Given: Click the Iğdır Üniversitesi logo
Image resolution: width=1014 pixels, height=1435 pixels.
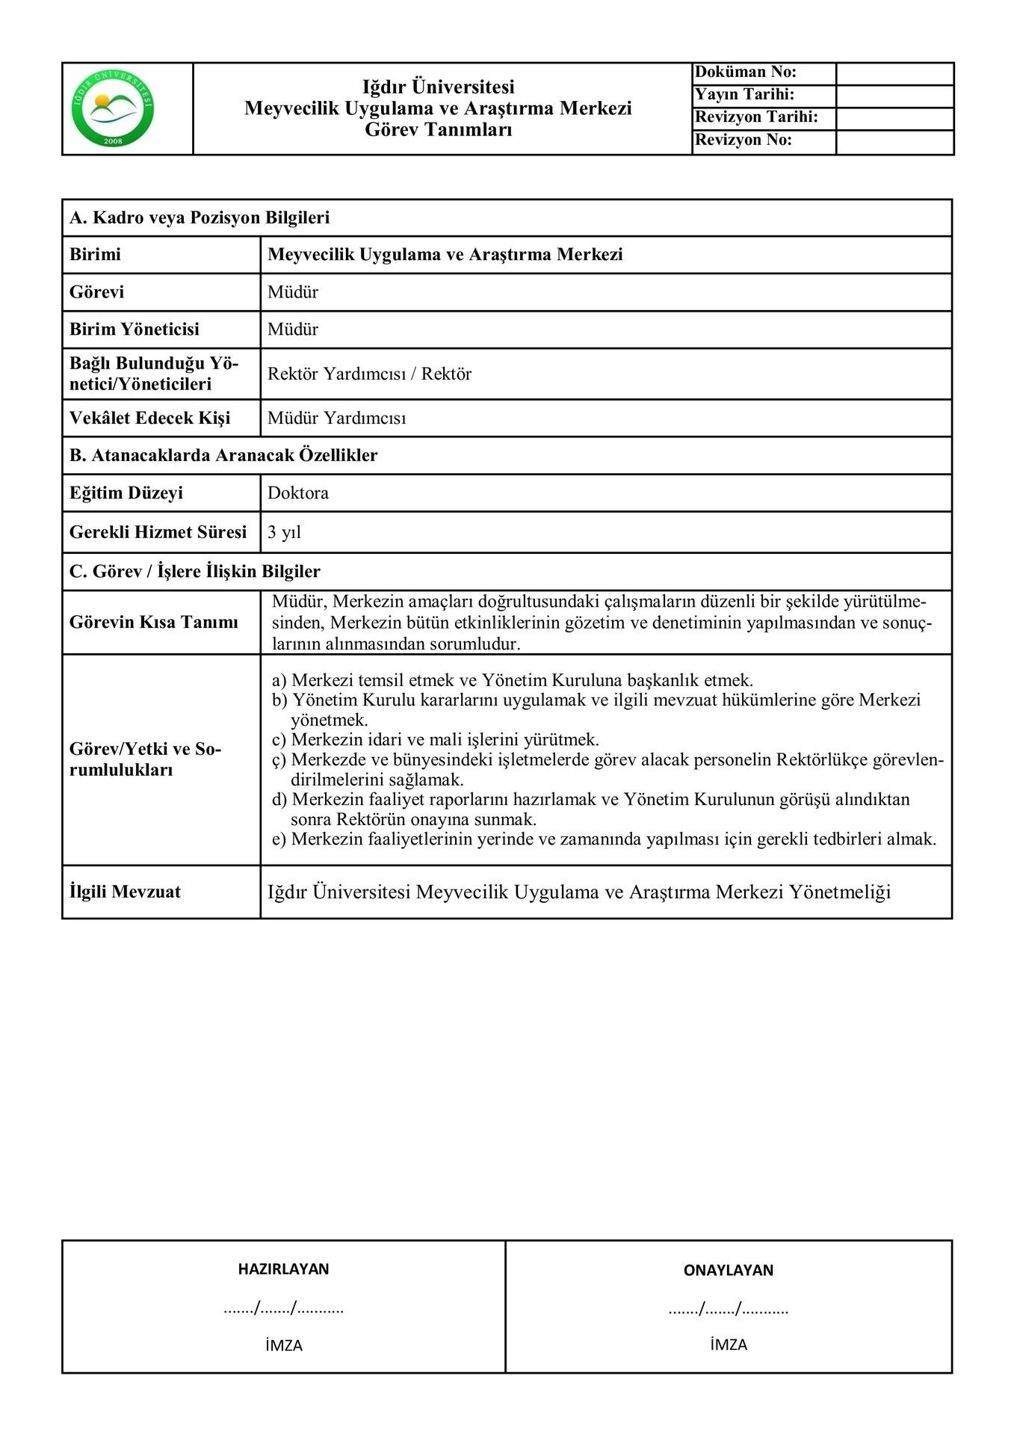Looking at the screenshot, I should click(x=113, y=109).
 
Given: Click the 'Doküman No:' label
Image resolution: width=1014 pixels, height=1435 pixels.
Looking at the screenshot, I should click(x=746, y=72).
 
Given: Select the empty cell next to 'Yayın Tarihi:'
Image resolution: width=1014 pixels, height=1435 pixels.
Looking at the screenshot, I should click(x=894, y=96).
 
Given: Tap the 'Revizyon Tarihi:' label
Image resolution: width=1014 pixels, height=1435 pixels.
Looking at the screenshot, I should click(x=756, y=117).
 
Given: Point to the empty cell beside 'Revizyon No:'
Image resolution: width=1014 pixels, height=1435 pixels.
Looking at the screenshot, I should click(x=894, y=141).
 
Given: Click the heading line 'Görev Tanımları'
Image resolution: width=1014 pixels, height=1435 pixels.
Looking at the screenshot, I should click(x=438, y=129).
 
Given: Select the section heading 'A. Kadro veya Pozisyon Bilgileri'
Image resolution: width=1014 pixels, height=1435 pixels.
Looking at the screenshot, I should click(x=200, y=217).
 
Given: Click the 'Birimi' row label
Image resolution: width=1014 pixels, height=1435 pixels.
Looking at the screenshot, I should click(x=95, y=254).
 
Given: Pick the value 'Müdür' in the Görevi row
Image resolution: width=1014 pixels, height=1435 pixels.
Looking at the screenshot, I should click(x=293, y=291).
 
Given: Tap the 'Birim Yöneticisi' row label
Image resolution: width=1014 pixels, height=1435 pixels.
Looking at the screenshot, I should click(x=135, y=329).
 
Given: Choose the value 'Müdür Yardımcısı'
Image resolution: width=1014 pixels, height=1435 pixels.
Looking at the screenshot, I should click(x=337, y=418).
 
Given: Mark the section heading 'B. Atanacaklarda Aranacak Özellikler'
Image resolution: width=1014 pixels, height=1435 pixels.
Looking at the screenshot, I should click(x=223, y=455).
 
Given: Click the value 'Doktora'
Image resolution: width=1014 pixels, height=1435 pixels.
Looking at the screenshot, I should click(x=298, y=493).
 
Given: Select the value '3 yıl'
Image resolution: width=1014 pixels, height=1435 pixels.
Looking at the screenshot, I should click(x=284, y=532).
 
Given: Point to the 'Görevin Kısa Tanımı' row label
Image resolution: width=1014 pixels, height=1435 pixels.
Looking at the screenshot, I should click(x=154, y=622).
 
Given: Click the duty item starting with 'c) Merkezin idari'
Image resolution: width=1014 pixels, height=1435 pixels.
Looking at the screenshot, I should click(x=435, y=740).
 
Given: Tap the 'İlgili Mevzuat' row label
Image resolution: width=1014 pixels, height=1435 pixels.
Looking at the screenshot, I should click(x=125, y=892).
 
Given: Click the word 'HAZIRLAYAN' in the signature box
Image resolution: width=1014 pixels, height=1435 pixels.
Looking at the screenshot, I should click(x=283, y=1268).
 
